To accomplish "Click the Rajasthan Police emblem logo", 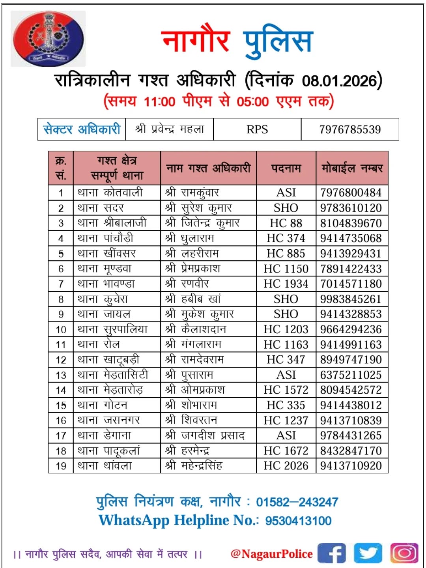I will tap(48, 39).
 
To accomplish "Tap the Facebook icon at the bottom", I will tap(331, 553).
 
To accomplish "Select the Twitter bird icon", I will tap(368, 553).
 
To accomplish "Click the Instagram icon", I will tap(404, 553).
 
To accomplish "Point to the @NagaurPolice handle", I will tap(272, 554).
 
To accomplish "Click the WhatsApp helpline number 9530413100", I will tap(298, 521).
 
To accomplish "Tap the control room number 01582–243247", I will tap(297, 502).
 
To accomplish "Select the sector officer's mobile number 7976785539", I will tap(350, 129).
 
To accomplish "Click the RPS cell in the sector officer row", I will tap(257, 129).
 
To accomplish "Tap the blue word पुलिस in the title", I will tap(278, 41).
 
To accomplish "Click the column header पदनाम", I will tap(286, 168).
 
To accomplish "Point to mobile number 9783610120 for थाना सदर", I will tap(351, 208).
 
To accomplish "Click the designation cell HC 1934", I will tap(286, 284).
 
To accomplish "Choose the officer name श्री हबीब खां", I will tap(193, 299).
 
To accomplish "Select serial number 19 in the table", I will tap(61, 466).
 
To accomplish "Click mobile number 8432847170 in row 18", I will tap(351, 450).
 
